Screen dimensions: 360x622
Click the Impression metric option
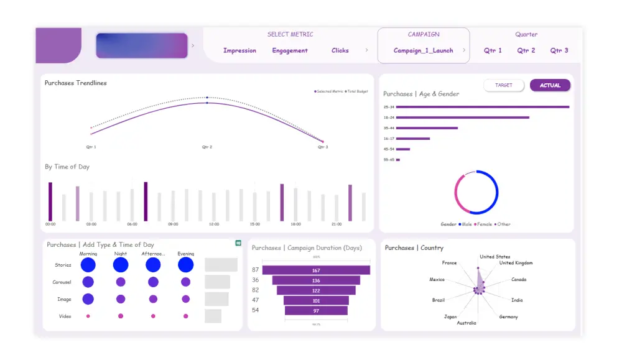(239, 50)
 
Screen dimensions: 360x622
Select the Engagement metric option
(290, 50)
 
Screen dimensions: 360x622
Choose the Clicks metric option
(340, 50)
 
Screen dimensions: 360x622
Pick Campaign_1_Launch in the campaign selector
(423, 50)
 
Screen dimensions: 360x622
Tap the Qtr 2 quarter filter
(526, 50)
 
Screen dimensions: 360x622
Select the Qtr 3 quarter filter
(559, 50)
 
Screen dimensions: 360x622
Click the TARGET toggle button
(504, 85)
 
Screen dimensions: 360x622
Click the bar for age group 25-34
(482, 107)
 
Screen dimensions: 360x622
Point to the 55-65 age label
(389, 160)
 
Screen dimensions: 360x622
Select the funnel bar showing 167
(316, 270)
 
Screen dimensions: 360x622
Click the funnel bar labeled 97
(316, 310)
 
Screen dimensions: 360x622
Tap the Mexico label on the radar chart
(437, 280)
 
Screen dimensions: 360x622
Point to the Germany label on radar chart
(508, 316)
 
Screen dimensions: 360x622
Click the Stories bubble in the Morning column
(88, 265)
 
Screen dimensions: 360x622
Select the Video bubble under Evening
(185, 316)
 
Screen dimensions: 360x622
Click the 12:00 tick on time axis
(214, 224)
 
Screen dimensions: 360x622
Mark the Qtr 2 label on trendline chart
(207, 147)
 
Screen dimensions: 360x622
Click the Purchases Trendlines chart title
(75, 83)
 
